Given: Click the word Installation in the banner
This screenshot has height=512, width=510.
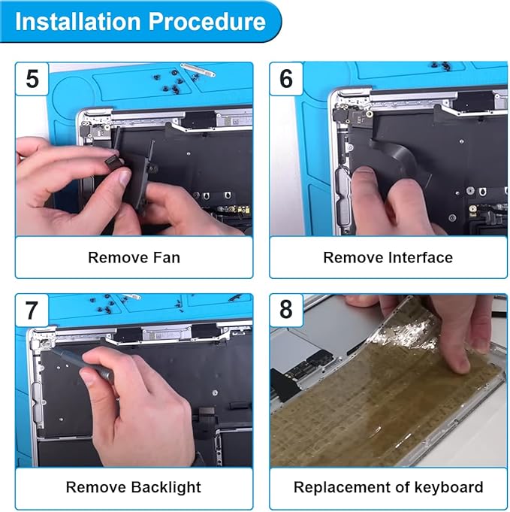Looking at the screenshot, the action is click(x=78, y=22).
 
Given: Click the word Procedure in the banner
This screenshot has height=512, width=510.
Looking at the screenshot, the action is click(x=207, y=22).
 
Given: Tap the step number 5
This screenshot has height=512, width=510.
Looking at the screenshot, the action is click(x=32, y=79).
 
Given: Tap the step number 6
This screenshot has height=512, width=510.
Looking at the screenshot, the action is click(x=286, y=79).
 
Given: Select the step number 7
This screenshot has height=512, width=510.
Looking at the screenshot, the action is click(x=32, y=311).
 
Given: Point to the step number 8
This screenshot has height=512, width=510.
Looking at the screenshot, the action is click(x=286, y=309).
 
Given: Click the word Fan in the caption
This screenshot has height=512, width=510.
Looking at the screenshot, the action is click(x=167, y=257).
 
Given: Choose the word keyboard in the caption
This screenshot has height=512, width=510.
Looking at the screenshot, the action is click(x=449, y=487).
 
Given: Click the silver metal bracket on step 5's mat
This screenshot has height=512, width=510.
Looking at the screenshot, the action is click(x=198, y=70).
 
